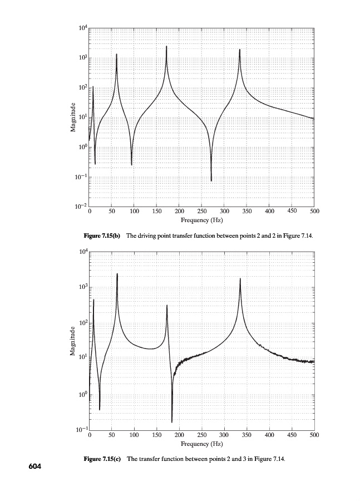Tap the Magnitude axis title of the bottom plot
pos(73,341)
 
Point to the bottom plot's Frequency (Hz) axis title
pos(201,444)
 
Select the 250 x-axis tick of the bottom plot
pos(201,435)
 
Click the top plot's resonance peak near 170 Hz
pos(166,47)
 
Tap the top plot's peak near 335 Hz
pos(240,51)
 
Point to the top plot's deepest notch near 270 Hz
pos(211,180)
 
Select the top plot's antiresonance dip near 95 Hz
pos(132,164)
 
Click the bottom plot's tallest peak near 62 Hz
pos(117,274)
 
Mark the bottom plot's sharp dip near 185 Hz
pos(172,421)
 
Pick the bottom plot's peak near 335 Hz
pos(240,279)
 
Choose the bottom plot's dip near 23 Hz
pos(100,409)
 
